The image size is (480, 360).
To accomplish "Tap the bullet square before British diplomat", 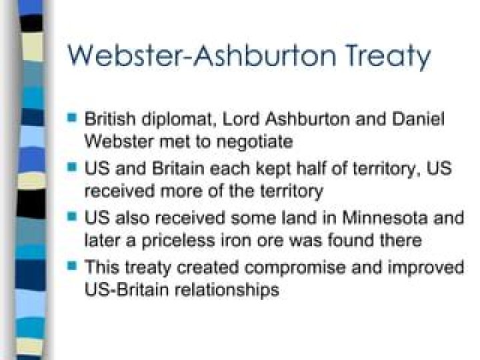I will point(73,118).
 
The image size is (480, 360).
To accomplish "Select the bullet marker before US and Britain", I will point(73,167).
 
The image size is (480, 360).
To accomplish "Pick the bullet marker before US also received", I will point(73,217).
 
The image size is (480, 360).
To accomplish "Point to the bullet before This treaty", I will point(73,266).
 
